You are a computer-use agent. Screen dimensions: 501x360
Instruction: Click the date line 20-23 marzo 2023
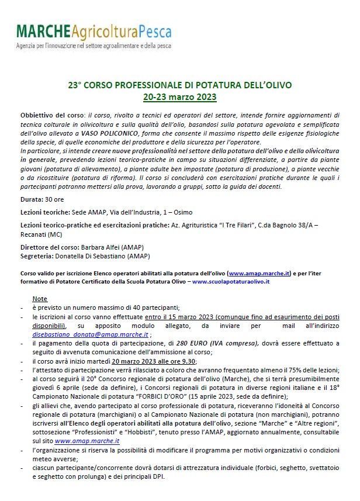point(179,96)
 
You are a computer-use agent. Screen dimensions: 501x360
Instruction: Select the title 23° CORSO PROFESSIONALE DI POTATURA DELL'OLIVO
point(179,85)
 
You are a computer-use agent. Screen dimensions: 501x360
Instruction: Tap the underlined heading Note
point(40,299)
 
